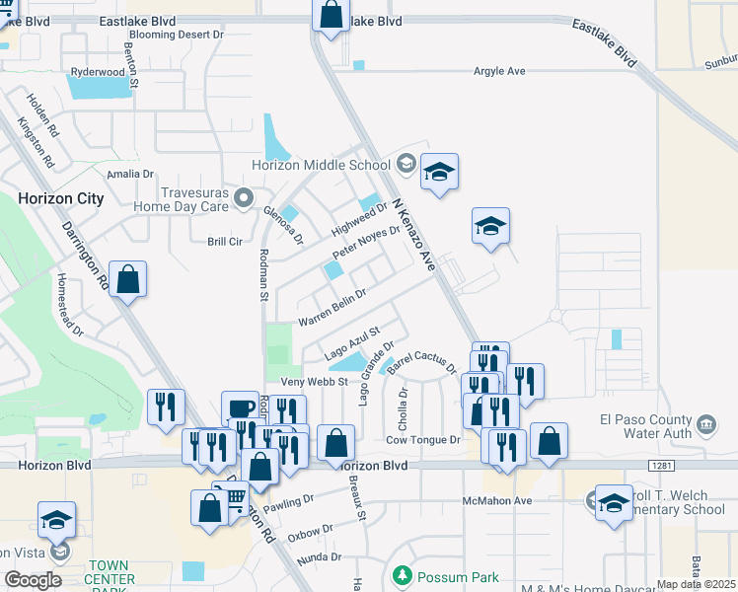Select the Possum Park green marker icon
point(403,574)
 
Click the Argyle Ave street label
point(500,71)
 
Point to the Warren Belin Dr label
point(332,307)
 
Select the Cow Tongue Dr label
point(423,440)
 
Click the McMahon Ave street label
point(497,501)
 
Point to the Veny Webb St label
point(315,382)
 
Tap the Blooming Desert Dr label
point(176,34)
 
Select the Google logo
point(33,580)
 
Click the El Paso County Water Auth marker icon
point(706,425)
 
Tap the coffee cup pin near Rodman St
point(240,408)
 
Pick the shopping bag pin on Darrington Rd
point(128,278)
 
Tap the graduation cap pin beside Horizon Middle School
point(438,173)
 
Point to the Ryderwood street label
point(98,72)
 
